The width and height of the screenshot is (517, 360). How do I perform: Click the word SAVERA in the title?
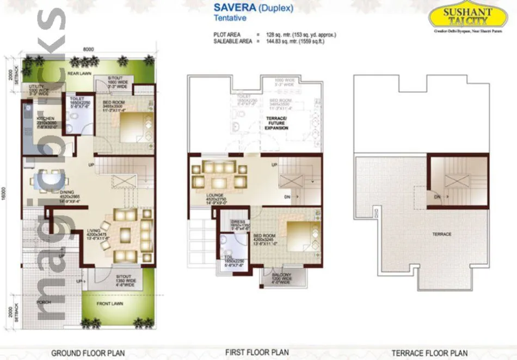(x=230, y=8)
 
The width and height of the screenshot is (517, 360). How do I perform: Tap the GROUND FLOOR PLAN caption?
(x=88, y=353)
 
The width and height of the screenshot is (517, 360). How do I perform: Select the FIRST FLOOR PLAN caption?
(x=257, y=352)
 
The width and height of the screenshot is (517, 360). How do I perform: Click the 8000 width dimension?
(x=88, y=49)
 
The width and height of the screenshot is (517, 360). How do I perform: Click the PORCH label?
(x=44, y=302)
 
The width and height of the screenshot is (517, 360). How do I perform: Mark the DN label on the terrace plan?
(x=437, y=196)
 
